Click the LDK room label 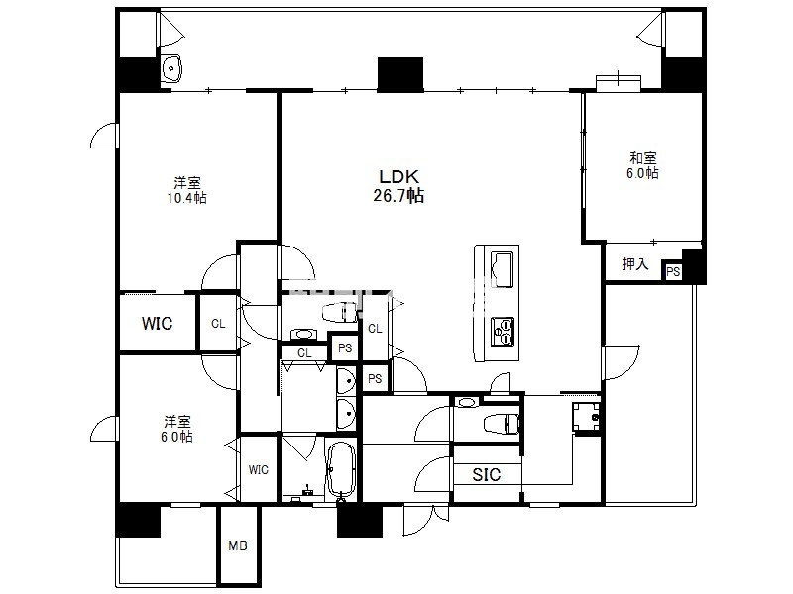point(399,177)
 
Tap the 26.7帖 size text point(398,195)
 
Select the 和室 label point(642,158)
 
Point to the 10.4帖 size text point(186,197)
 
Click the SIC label point(486,475)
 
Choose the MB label point(238,545)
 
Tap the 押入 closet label point(634,263)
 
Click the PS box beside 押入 point(673,271)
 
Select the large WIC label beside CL point(157,324)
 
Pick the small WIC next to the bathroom point(258,470)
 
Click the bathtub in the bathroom point(341,471)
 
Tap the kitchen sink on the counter point(502,269)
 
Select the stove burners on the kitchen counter point(503,332)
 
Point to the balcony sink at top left point(171,67)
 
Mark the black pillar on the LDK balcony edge point(400,75)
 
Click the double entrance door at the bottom point(426,520)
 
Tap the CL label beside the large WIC point(218,324)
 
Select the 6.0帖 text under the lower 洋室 point(176,437)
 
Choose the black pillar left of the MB point(138,521)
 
